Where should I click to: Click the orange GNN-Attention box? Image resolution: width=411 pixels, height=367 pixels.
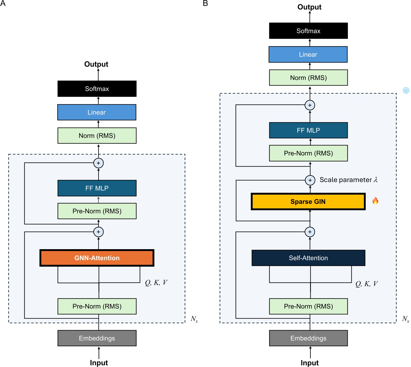point(97,258)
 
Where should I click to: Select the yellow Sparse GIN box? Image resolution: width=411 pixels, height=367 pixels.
point(308,202)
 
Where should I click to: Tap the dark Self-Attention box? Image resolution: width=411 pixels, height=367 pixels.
point(308,258)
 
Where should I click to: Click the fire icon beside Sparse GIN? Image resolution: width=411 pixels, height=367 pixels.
point(375,201)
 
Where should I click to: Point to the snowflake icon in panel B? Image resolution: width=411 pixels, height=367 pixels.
point(406,91)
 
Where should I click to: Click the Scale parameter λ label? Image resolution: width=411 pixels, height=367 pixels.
point(349,180)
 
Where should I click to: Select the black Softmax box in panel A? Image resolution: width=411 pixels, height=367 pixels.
point(97,89)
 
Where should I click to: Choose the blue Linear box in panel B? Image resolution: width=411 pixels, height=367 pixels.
point(308,55)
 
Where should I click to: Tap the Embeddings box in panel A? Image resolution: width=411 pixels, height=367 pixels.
point(97,338)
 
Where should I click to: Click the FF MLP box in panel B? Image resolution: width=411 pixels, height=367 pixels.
point(308,130)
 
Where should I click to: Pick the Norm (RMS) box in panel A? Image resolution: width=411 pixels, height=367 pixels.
point(97,136)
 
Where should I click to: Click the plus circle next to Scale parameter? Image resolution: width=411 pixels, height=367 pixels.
point(310,180)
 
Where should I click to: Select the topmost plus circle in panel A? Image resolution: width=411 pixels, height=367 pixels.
point(99,163)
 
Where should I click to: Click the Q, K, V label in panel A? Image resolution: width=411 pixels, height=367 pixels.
point(156,283)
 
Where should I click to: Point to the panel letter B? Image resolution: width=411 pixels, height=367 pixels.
point(205,3)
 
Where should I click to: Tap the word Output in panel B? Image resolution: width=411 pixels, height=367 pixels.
point(309,7)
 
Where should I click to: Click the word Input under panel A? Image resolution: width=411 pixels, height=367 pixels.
point(99,363)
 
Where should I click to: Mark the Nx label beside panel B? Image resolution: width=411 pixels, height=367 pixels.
point(405,319)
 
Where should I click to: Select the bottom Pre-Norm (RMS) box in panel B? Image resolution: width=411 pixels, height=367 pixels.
point(308,306)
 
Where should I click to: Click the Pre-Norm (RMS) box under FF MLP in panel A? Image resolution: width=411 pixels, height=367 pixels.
point(97,211)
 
